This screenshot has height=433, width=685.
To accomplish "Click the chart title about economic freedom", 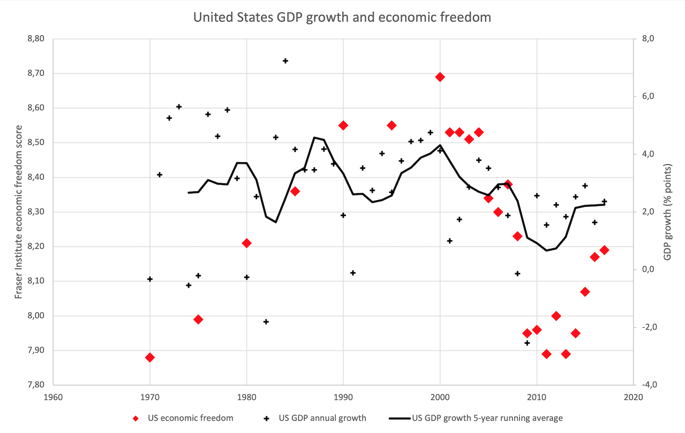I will (x=342, y=17).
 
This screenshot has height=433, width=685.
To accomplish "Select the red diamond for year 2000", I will (x=440, y=77).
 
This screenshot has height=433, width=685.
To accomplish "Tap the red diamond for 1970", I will (x=150, y=357).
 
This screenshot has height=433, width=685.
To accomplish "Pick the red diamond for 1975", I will (x=198, y=319).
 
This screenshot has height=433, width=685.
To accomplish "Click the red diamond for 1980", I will (x=247, y=243).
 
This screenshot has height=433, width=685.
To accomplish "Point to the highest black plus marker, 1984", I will (x=285, y=61).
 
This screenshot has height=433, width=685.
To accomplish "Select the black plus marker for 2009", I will (x=527, y=343).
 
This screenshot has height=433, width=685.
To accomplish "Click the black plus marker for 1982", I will (x=266, y=322).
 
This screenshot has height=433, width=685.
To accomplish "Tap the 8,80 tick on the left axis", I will (x=36, y=39).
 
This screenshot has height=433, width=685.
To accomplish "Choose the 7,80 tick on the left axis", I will (x=36, y=385).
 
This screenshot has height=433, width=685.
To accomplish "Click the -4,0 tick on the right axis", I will (x=648, y=385).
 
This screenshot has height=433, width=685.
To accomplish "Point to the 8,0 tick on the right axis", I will (x=648, y=39).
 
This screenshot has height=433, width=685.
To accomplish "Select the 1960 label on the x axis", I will (x=53, y=397).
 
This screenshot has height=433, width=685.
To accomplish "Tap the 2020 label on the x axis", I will (x=633, y=397).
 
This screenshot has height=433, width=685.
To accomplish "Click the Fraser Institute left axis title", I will (x=19, y=212).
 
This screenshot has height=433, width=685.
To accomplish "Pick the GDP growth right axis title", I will (x=667, y=212).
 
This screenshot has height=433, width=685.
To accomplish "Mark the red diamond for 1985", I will (x=295, y=191).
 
